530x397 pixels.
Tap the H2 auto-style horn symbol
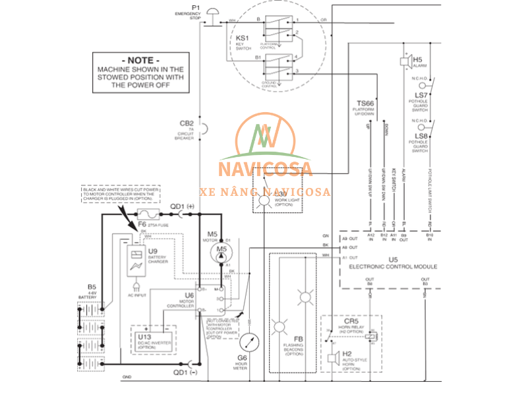pyautogui.click(x=334, y=359)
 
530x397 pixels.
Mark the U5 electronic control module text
pyautogui.click(x=393, y=263)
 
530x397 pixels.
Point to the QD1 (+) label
pyautogui.click(x=183, y=206)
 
